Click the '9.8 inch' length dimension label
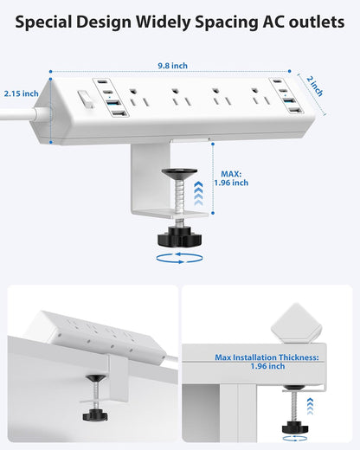(173, 66)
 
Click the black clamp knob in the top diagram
(181, 237)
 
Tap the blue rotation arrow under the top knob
(181, 257)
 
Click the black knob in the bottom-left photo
(92, 415)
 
